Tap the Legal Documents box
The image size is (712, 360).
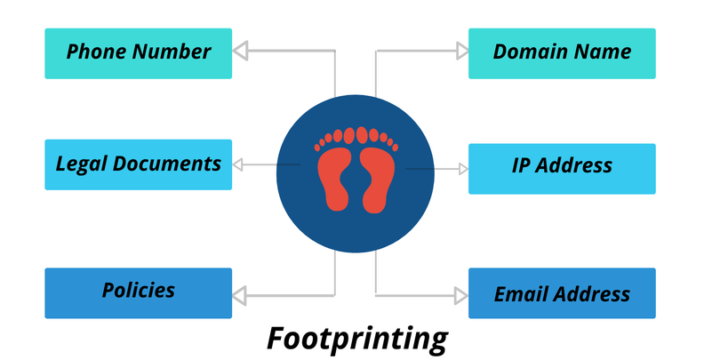point(138,164)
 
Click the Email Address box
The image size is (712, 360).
point(562,293)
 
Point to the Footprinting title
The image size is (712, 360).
point(357,339)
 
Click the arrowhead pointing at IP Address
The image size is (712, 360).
point(461,168)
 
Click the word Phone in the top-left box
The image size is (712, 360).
point(96,52)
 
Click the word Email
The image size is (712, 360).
point(520,294)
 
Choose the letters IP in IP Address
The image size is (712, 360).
point(522,166)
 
